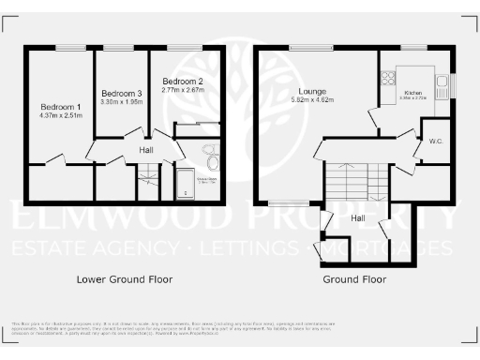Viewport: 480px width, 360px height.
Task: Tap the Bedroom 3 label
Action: pos(122,93)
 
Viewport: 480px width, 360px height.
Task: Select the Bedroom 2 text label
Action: pos(183,81)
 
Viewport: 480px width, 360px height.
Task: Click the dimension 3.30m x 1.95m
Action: pos(122,102)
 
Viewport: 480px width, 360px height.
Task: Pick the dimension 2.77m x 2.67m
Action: pos(183,90)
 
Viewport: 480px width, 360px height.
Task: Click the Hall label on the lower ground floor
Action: pos(146,150)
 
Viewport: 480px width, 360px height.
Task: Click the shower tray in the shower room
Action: pos(186,184)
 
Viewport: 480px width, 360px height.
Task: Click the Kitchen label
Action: pos(413,93)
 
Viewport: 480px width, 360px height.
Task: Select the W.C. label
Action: pos(435,142)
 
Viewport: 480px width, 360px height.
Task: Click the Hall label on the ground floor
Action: pos(358,217)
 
